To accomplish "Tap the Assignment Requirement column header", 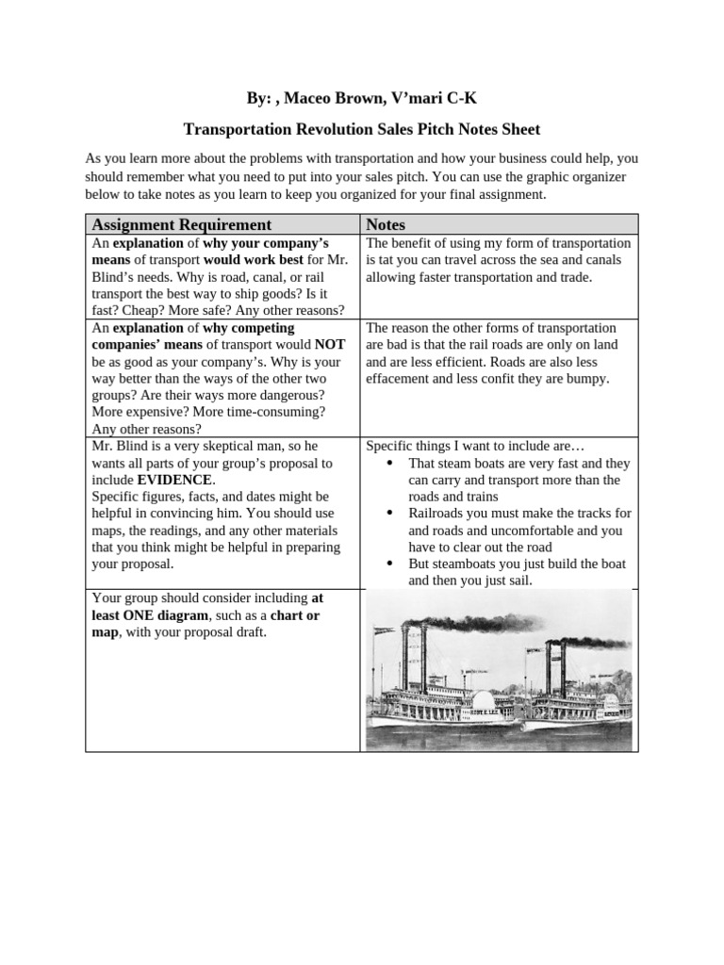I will (x=180, y=224).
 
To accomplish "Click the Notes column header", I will (x=386, y=224).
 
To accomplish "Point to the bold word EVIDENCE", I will (x=175, y=480).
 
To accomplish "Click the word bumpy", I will (x=588, y=378).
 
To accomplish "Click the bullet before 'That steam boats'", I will (x=391, y=464).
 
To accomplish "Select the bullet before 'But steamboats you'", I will (x=391, y=564).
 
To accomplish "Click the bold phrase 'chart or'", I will (x=294, y=615).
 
